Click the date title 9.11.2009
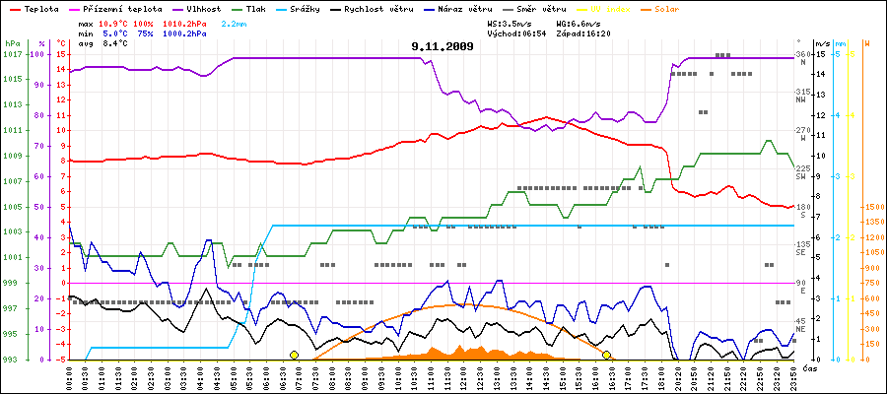point(443,46)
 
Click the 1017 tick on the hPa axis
point(12,54)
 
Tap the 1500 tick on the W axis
point(873,207)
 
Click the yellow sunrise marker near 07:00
point(295,355)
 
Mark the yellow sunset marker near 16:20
point(607,355)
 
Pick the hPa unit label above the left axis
point(12,43)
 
